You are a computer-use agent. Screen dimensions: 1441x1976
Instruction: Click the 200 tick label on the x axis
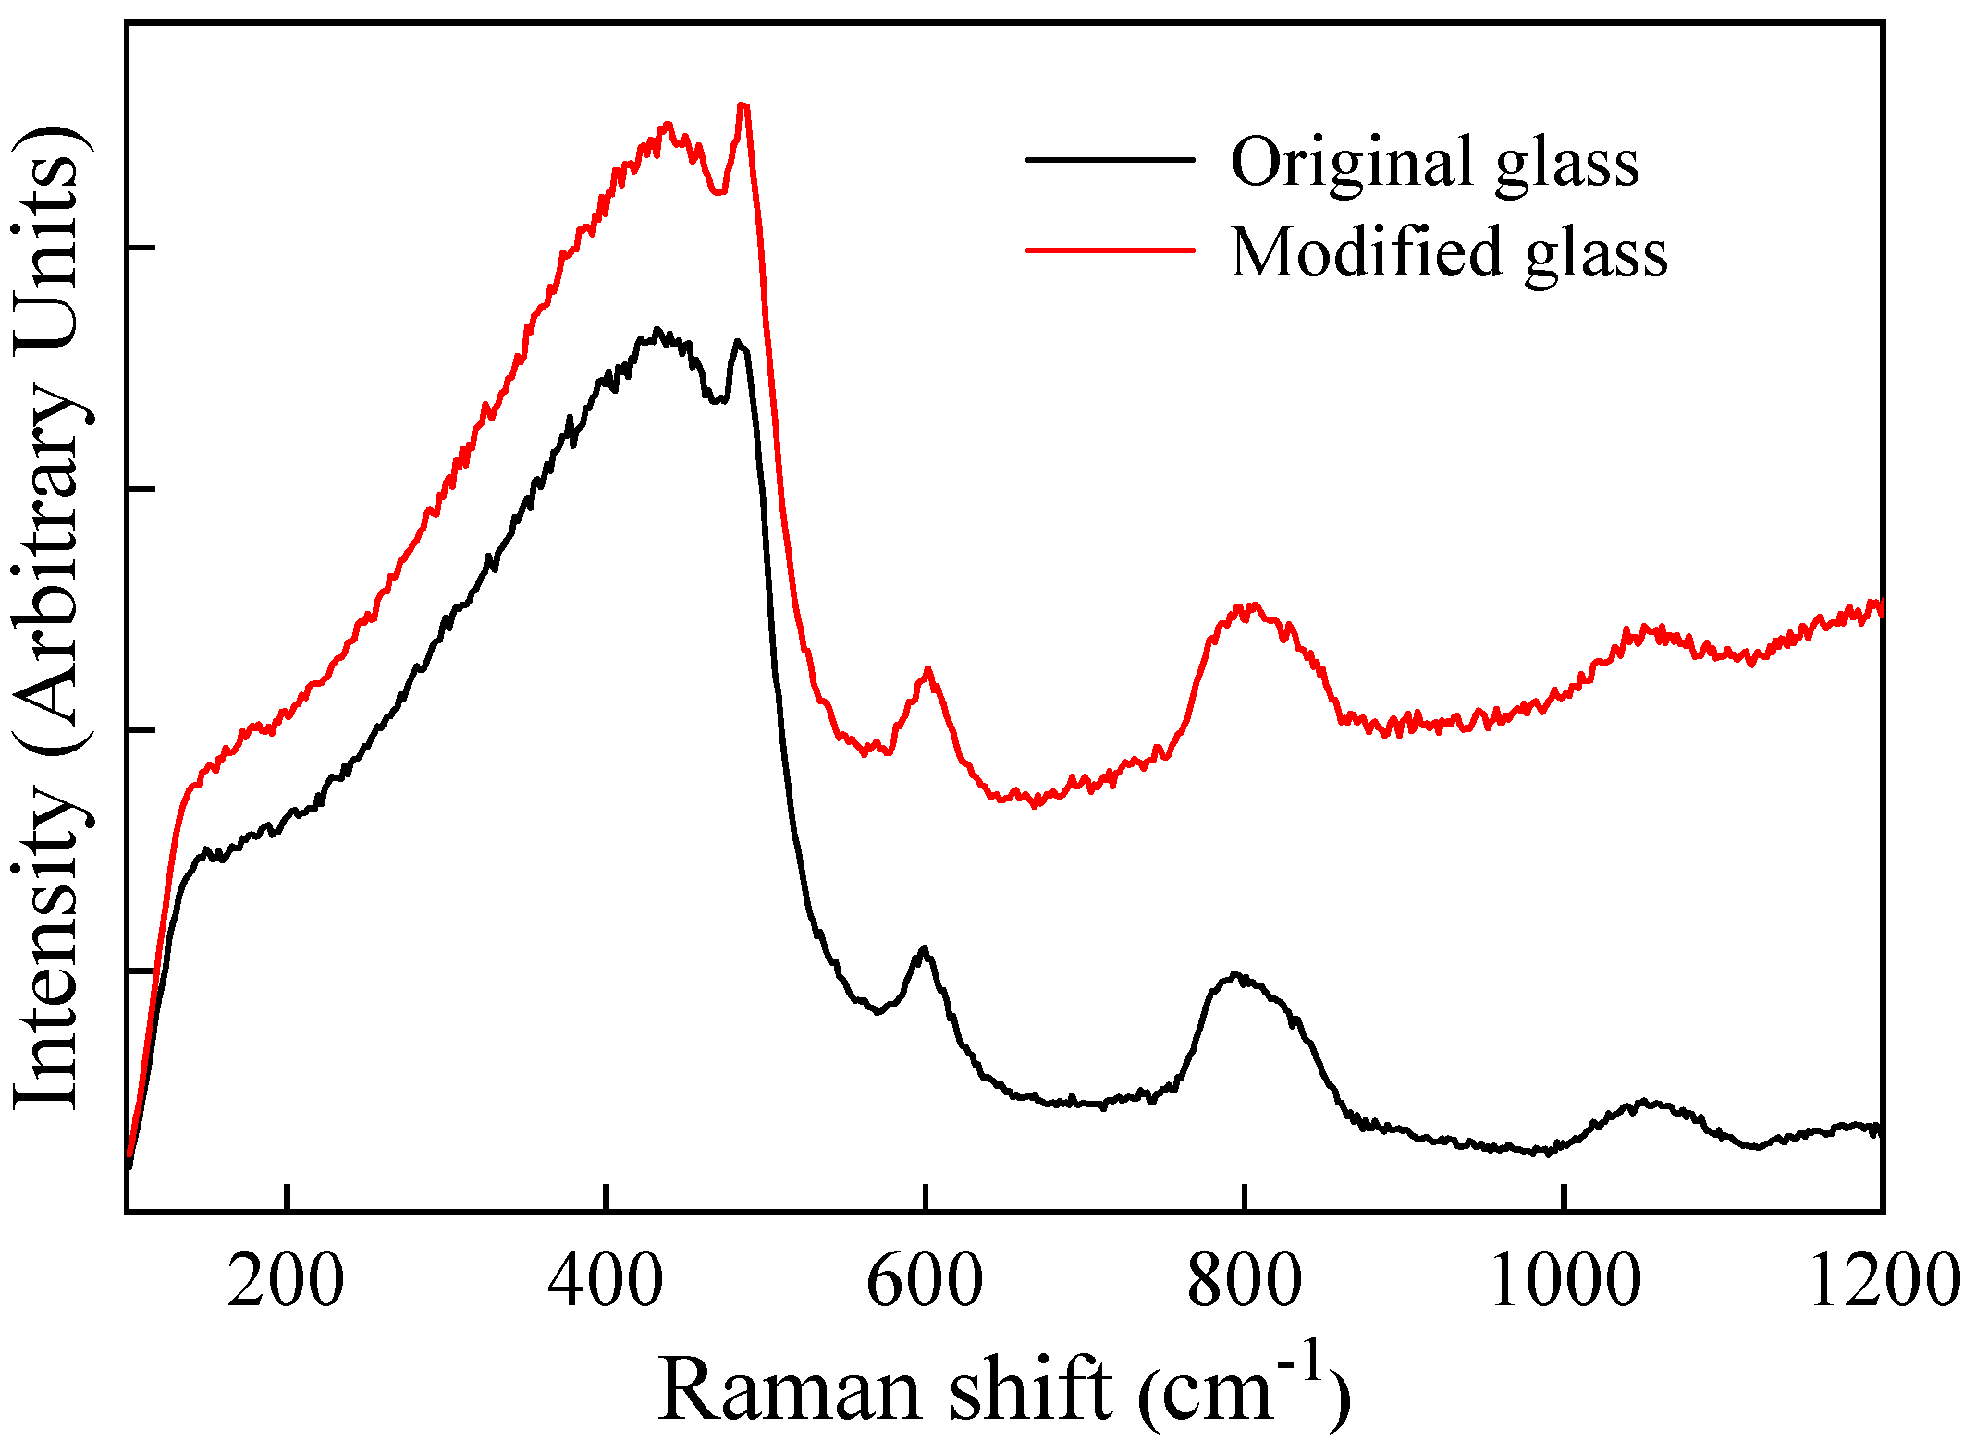pyautogui.click(x=286, y=1282)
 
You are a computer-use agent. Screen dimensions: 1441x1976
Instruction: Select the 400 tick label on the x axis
pyautogui.click(x=605, y=1282)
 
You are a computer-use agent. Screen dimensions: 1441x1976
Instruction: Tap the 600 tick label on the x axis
pyautogui.click(x=925, y=1282)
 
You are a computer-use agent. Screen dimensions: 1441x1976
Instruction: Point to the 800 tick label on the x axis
pyautogui.click(x=1245, y=1282)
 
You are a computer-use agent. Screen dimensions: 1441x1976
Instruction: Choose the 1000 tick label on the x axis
pyautogui.click(x=1565, y=1282)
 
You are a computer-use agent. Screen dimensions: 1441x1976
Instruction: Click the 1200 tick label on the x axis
pyautogui.click(x=1883, y=1282)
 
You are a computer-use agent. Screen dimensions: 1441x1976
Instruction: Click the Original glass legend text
pyautogui.click(x=1434, y=162)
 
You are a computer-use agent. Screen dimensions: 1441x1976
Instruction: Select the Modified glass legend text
pyautogui.click(x=1449, y=251)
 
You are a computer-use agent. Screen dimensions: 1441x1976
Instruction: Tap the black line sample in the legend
pyautogui.click(x=1110, y=160)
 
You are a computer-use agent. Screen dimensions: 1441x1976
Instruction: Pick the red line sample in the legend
pyautogui.click(x=1110, y=249)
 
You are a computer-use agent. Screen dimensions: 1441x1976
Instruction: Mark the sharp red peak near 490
pyautogui.click(x=743, y=105)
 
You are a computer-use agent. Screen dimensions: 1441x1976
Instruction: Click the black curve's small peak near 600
pyautogui.click(x=923, y=949)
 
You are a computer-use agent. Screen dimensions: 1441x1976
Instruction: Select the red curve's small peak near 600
pyautogui.click(x=927, y=669)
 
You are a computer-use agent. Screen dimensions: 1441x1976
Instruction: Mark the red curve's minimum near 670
pyautogui.click(x=1035, y=802)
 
